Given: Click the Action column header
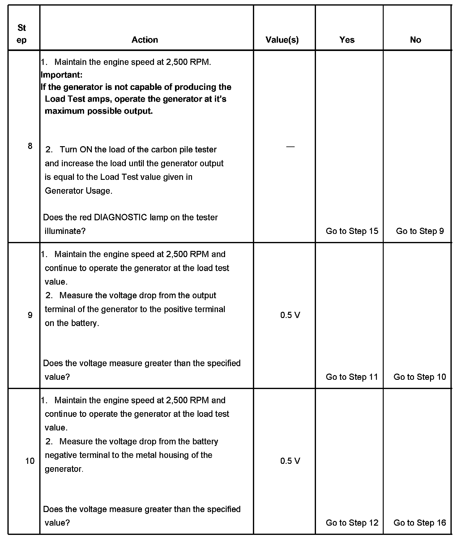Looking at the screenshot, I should pos(145,40).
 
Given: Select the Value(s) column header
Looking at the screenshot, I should pos(282,40).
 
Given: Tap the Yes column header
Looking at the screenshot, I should pos(347,40).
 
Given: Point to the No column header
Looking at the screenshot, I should pos(416,40).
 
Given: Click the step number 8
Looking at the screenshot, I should pos(30,146).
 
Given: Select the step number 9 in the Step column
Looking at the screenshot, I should pos(30,315).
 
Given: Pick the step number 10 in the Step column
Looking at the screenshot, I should pos(30,461).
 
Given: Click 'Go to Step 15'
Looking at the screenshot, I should pos(352,231).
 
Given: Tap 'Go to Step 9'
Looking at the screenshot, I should pos(420,231).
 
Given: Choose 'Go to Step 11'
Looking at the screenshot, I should pos(352,377).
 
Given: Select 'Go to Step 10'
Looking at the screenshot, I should pos(420,377).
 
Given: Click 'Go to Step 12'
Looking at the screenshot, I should pos(352,523).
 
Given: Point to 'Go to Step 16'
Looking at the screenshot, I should pos(420,523).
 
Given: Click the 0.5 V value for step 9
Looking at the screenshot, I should pos(290,315).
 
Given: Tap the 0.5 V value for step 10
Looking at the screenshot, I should pos(290,461).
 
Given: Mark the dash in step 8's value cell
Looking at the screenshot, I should pos(290,146).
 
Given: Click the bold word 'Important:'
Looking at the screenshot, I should pos(62,75).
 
